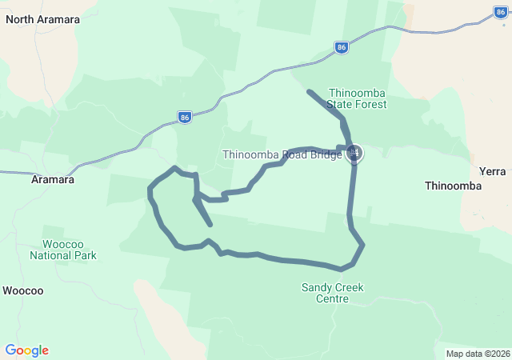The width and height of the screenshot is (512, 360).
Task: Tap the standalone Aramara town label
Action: point(52,180)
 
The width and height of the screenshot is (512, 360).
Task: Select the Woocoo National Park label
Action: point(63,250)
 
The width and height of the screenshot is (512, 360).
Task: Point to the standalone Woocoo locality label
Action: point(23,290)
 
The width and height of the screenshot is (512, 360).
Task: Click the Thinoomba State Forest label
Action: point(358,98)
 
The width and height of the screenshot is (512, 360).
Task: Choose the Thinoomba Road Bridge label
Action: point(282,154)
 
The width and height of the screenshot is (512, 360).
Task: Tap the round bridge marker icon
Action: point(354,153)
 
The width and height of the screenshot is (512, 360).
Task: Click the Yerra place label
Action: point(492,171)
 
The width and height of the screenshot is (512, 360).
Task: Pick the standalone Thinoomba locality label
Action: point(453,186)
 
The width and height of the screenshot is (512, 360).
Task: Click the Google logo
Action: point(27,350)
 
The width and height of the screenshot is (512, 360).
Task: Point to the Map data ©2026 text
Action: point(478,354)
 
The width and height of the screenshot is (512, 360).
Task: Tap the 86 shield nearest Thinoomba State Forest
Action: point(342,47)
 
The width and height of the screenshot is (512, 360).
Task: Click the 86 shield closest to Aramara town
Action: point(185,117)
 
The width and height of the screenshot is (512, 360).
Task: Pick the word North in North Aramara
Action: point(21,18)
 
